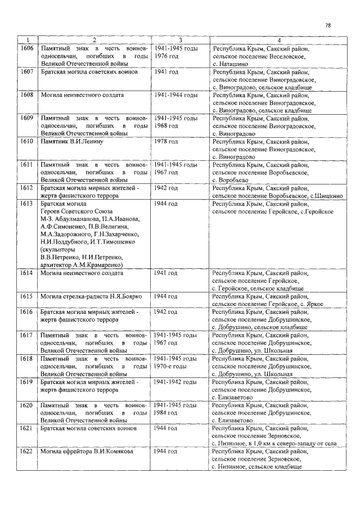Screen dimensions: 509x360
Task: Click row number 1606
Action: point(26,49)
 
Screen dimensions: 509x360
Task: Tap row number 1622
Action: point(26,451)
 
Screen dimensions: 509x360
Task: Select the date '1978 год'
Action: point(166,142)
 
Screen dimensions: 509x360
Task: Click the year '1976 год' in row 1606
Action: point(166,57)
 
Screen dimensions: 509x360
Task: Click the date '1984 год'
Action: point(166,412)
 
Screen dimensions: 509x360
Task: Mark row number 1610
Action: point(26,142)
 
